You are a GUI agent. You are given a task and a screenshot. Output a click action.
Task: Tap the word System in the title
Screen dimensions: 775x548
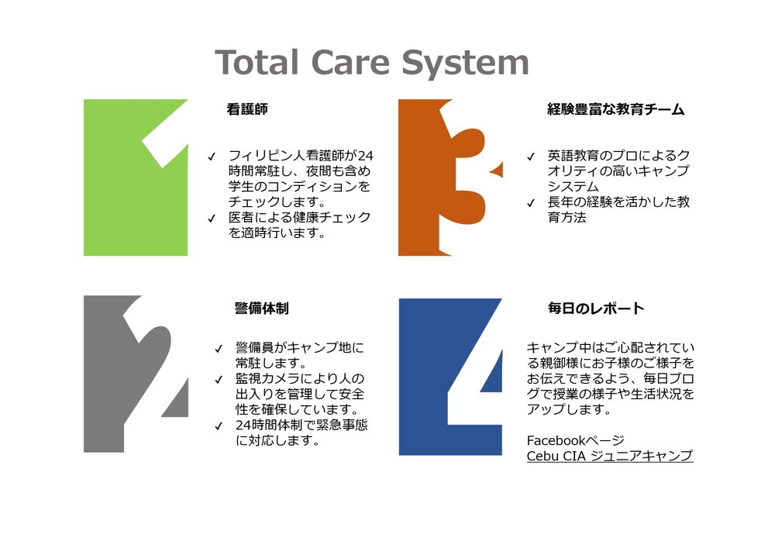tap(465, 64)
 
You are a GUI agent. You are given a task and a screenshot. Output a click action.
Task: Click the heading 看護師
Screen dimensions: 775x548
tap(247, 109)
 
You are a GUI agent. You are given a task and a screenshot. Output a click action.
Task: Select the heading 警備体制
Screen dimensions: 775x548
tap(261, 308)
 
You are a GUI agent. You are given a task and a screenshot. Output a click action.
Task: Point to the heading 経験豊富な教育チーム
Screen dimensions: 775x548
tap(616, 109)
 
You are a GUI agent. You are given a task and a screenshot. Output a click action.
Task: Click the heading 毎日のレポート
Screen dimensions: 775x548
tap(596, 308)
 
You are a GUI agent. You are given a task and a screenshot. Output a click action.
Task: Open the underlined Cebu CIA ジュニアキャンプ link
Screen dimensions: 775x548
tap(610, 456)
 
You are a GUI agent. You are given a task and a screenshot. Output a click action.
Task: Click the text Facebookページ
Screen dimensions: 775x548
tap(576, 440)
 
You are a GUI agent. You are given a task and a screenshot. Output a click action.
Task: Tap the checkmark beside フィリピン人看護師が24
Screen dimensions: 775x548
tap(212, 157)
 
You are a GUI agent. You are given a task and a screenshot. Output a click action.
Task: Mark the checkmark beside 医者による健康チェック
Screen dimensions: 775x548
tap(212, 219)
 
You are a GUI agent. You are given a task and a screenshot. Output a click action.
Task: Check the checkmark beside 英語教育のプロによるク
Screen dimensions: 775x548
tap(531, 157)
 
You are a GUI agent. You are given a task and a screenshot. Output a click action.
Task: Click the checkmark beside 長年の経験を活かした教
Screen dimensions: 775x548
tap(531, 203)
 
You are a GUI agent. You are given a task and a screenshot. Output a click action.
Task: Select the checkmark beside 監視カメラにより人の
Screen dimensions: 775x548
tap(219, 380)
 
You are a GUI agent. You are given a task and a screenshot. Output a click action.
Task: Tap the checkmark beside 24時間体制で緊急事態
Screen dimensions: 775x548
tap(219, 426)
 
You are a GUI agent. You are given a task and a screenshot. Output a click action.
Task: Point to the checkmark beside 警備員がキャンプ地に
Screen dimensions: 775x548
tap(219, 349)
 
